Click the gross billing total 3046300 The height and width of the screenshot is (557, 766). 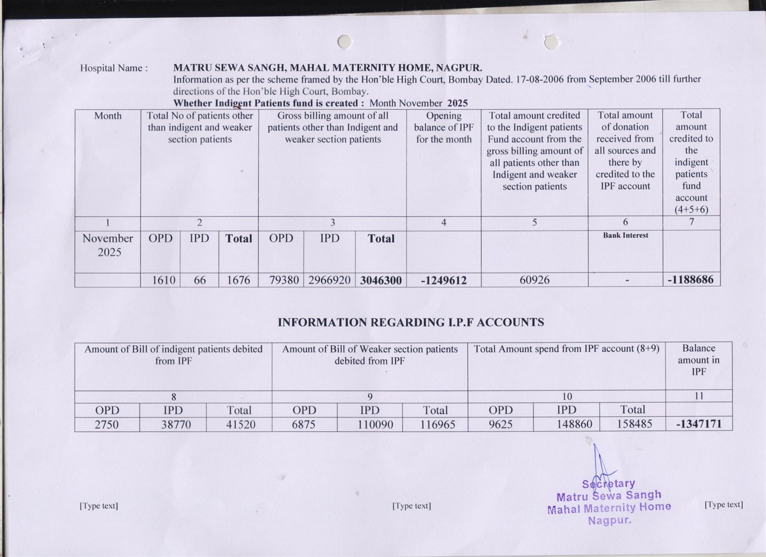coord(381,280)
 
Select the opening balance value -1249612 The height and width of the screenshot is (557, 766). coord(443,280)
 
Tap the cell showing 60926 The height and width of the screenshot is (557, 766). coord(535,280)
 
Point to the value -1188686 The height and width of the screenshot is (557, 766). coord(690,280)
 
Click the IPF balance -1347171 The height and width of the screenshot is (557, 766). coord(698,424)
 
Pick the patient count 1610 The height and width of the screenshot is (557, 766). coord(163,280)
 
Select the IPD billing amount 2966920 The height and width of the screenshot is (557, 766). coord(329,280)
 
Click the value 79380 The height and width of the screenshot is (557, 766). coord(284,280)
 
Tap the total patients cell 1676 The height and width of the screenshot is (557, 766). coord(238,280)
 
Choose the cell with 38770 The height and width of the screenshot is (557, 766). coord(176,424)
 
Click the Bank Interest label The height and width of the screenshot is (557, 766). coord(625,235)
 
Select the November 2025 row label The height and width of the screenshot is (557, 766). coord(108,245)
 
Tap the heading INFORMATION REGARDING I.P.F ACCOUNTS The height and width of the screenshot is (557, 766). coord(411,322)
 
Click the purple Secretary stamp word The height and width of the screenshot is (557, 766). coord(608,484)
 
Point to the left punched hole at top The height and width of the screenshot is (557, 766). coord(344,41)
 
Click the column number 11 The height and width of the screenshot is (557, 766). coord(698,396)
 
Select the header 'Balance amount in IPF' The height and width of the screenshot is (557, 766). coord(698,360)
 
